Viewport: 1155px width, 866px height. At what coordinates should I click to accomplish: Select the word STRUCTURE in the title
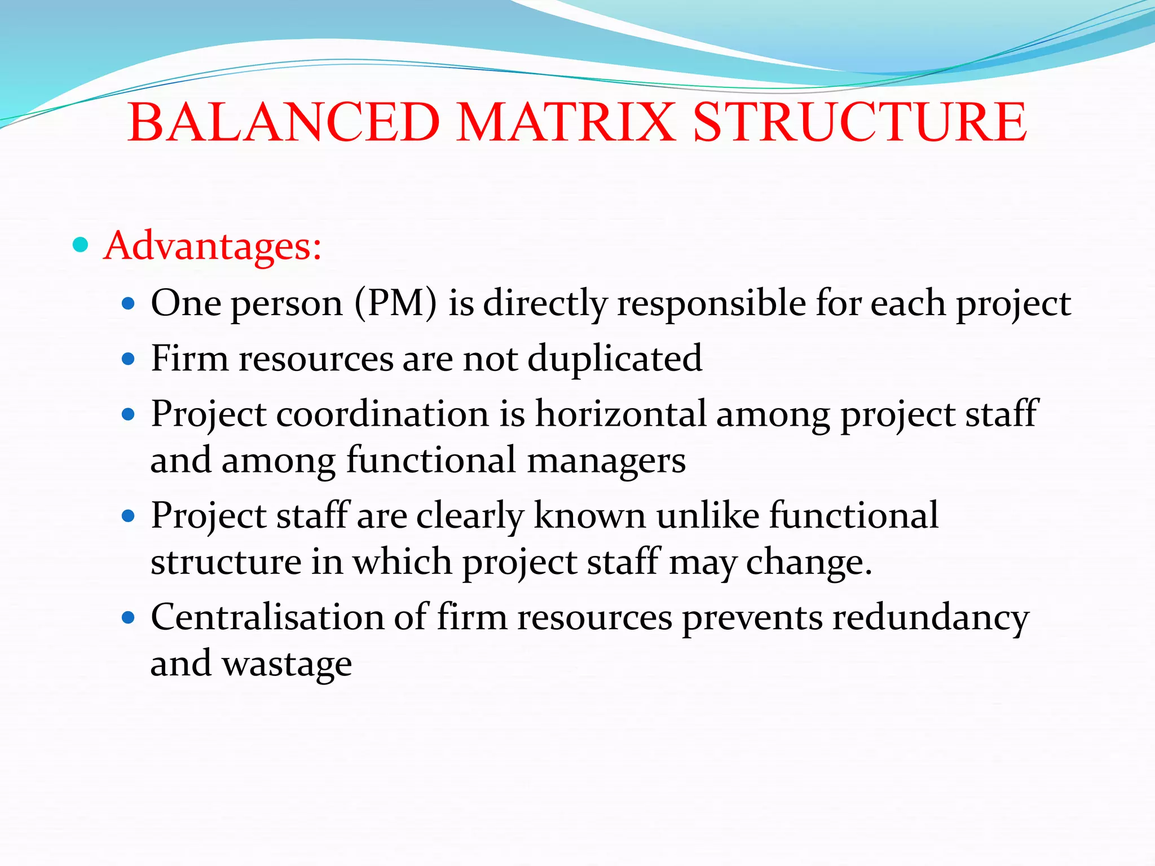tap(859, 122)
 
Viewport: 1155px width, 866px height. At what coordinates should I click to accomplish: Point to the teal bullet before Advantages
tap(81, 245)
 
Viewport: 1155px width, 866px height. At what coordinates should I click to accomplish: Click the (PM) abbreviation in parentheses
tap(396, 303)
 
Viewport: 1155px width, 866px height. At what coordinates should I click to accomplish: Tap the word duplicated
tap(615, 359)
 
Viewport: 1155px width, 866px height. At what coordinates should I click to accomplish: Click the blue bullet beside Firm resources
tap(129, 359)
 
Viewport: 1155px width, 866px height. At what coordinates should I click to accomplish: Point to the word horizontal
tap(620, 414)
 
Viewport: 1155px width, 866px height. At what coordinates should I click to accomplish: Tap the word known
tap(589, 515)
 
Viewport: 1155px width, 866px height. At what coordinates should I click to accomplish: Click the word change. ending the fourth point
tap(809, 562)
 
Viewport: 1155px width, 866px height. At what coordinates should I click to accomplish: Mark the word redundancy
tap(931, 617)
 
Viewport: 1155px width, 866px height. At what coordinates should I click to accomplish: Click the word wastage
tap(287, 664)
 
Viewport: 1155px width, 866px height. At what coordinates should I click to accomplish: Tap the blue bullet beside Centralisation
tap(129, 618)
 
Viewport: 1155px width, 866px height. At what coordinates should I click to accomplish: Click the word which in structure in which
tap(402, 562)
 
